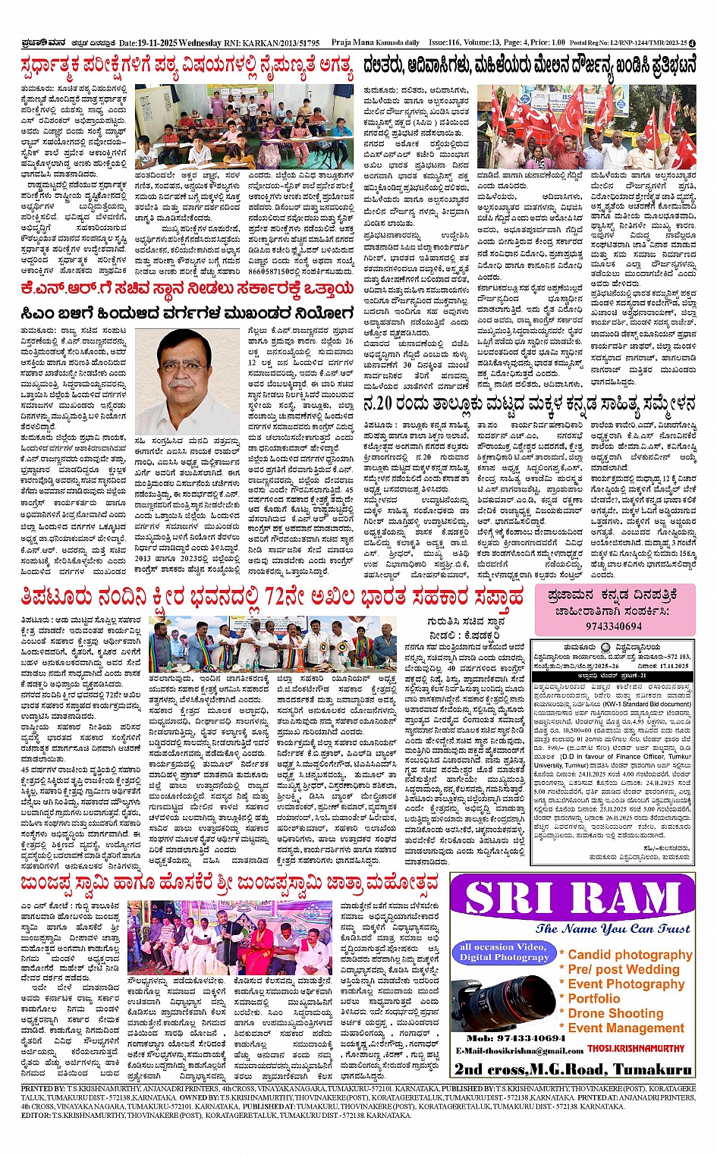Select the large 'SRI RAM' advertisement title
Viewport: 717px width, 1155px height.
point(573,900)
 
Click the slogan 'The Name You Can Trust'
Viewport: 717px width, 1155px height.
point(612,929)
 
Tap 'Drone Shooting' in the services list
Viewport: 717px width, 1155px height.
point(615,1013)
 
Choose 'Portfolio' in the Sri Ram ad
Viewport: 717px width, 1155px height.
point(594,999)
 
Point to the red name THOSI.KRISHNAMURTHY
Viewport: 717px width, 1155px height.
point(639,1050)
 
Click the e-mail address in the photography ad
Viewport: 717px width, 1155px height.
point(519,1050)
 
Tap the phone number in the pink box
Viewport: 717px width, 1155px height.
point(613,626)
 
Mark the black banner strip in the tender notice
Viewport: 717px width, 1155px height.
point(612,675)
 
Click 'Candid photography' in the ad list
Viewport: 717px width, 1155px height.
point(630,955)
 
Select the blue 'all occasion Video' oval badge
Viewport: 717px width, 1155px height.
point(502,952)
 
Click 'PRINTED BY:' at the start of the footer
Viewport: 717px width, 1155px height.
point(44,1088)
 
